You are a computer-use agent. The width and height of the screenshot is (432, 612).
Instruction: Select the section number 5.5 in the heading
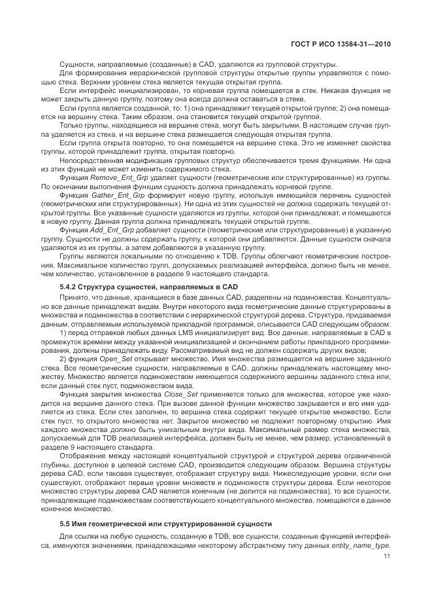click(x=66, y=525)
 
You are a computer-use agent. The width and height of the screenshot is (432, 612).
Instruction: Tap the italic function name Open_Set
click(x=114, y=360)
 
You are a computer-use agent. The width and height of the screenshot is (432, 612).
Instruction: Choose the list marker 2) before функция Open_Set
click(x=63, y=360)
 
